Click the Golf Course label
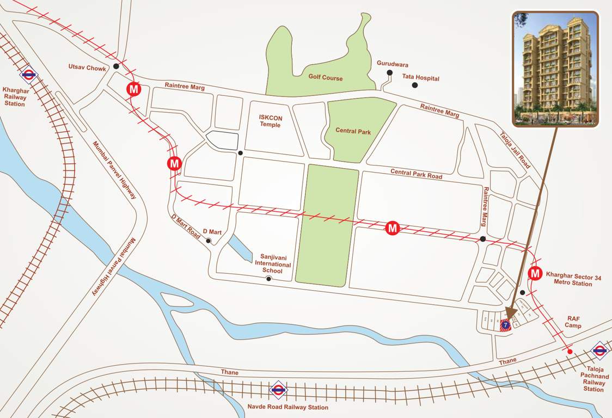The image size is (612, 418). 326,78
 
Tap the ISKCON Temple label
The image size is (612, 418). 270,121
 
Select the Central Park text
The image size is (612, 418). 353,131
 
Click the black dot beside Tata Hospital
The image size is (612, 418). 415,85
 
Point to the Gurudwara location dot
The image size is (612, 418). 389,73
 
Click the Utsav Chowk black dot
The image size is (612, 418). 116,66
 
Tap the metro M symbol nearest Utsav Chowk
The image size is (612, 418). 133,89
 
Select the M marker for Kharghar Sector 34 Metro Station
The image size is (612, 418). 535,273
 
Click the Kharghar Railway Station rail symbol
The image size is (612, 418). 28,75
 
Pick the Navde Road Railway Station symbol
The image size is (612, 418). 278,389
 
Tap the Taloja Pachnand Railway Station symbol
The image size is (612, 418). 599,351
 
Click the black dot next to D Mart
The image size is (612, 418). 208,241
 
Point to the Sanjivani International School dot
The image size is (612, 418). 268,279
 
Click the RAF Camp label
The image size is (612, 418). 574,322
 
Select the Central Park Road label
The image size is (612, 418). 416,174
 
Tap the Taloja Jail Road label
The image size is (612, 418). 515,149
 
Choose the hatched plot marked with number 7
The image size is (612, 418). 505,325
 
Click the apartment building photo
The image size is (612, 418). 555,69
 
